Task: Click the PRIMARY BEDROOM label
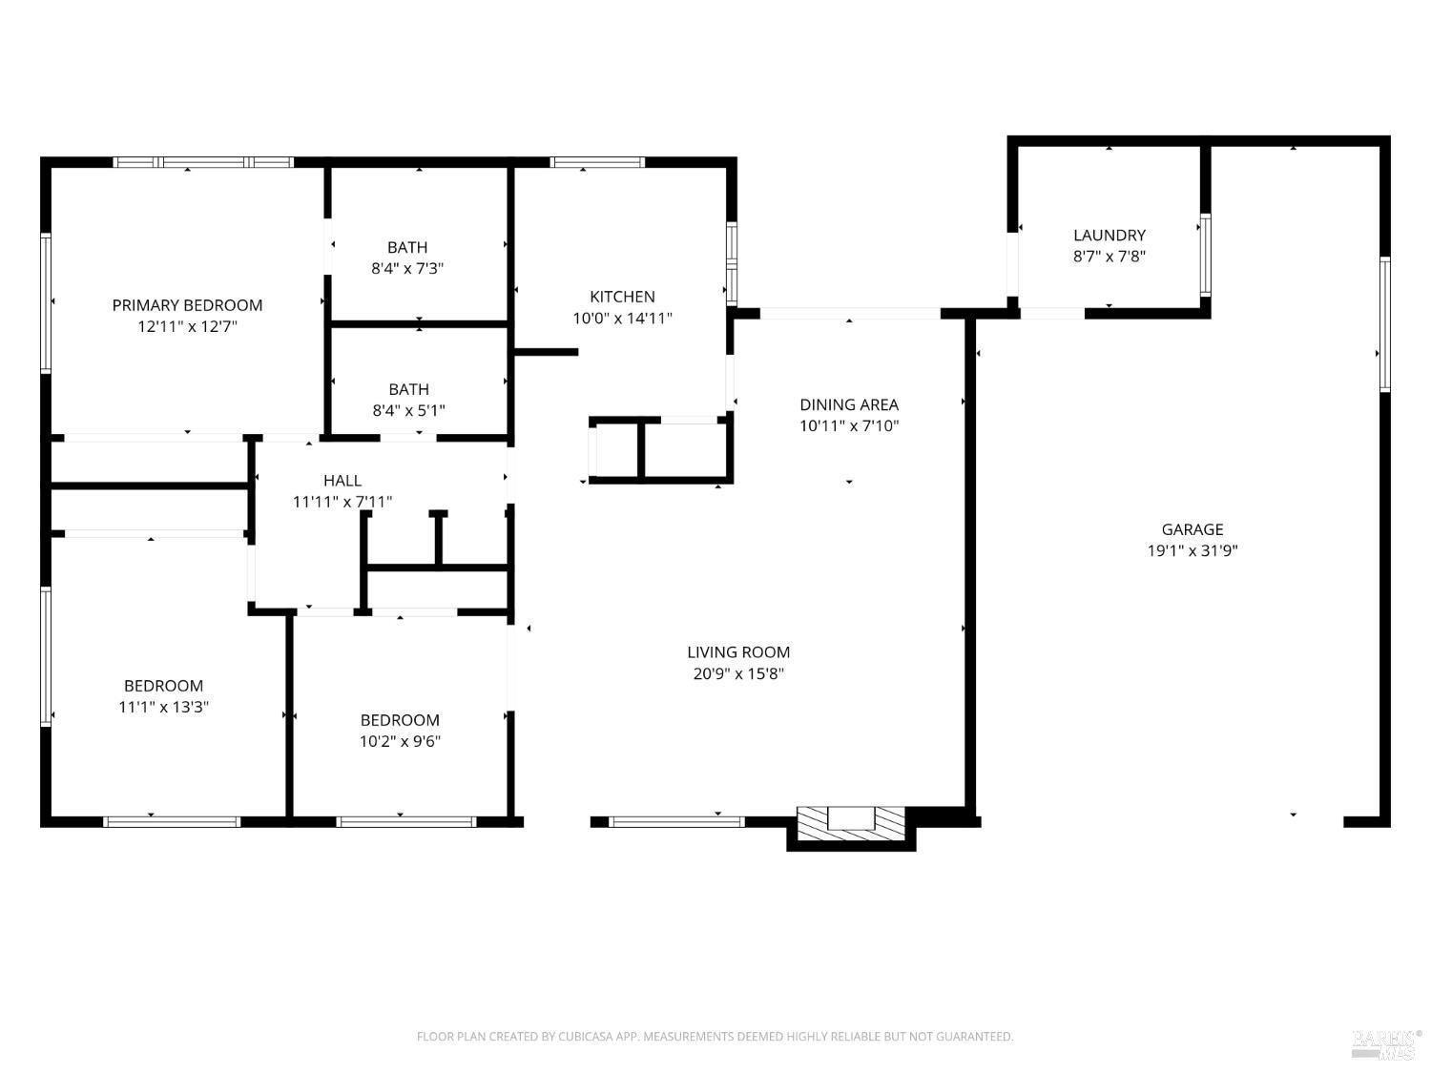click(x=187, y=305)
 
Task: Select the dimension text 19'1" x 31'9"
click(x=1192, y=550)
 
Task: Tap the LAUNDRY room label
click(x=1109, y=235)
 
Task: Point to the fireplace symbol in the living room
click(x=851, y=823)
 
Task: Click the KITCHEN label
click(x=622, y=297)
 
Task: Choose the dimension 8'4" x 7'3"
click(x=407, y=269)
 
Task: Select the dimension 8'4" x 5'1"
click(x=408, y=411)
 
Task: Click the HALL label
click(x=342, y=480)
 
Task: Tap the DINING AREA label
click(x=849, y=404)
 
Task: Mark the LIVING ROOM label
click(x=738, y=652)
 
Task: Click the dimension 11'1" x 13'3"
click(x=163, y=707)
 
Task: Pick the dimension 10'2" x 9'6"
click(x=400, y=741)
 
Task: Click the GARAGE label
click(x=1192, y=529)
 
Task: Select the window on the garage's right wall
click(x=1385, y=323)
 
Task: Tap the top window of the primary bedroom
click(x=203, y=162)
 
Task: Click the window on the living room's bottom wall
click(x=676, y=821)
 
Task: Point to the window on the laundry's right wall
click(x=1205, y=255)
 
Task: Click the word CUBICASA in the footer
click(x=584, y=1037)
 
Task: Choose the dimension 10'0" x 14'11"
click(x=622, y=319)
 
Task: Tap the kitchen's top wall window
click(x=597, y=162)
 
